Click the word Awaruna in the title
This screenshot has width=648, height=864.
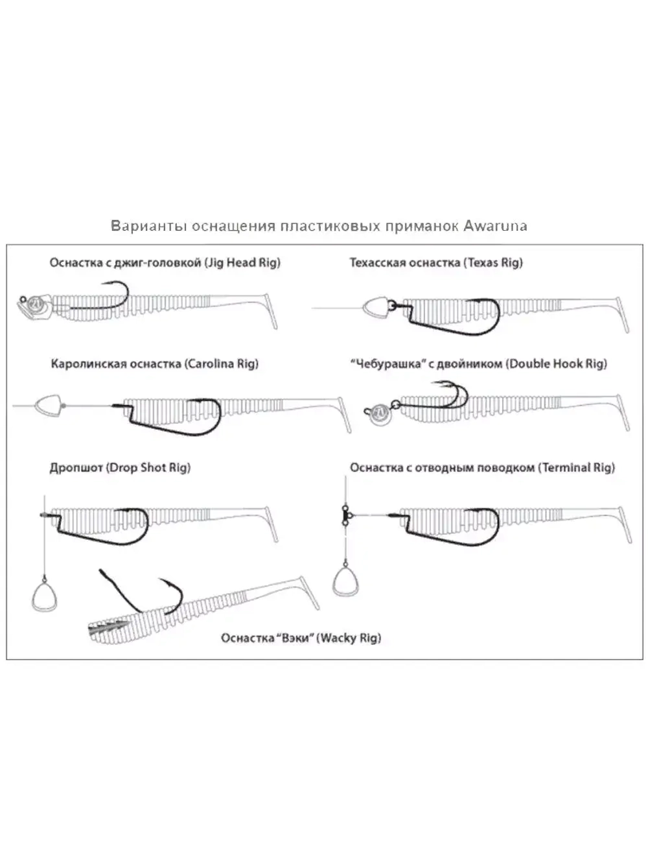pyautogui.click(x=495, y=226)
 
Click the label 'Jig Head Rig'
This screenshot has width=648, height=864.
pyautogui.click(x=242, y=263)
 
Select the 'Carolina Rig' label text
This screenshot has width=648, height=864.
pyautogui.click(x=221, y=364)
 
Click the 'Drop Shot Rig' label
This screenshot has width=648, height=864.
pyautogui.click(x=148, y=467)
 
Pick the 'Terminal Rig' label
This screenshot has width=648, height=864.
pyautogui.click(x=576, y=467)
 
